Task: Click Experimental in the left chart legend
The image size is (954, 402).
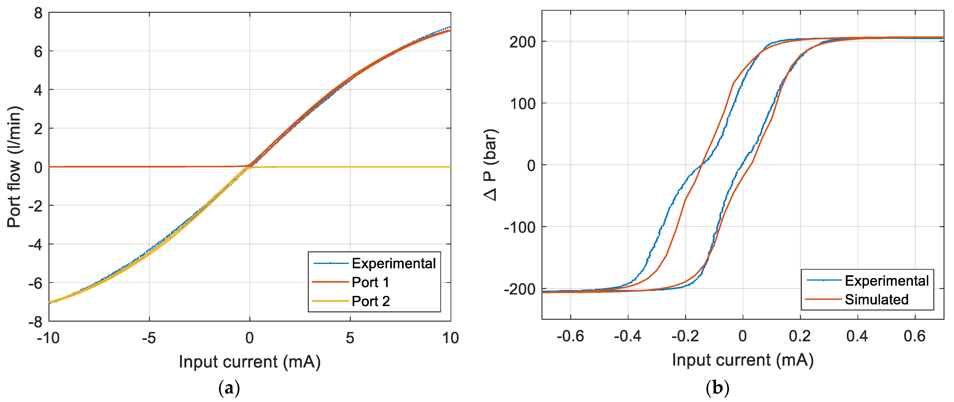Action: pyautogui.click(x=393, y=263)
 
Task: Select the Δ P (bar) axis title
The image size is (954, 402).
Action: pyautogui.click(x=491, y=165)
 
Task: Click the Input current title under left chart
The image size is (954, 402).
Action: pyautogui.click(x=250, y=362)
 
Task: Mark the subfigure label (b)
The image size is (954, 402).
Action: pyautogui.click(x=717, y=388)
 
